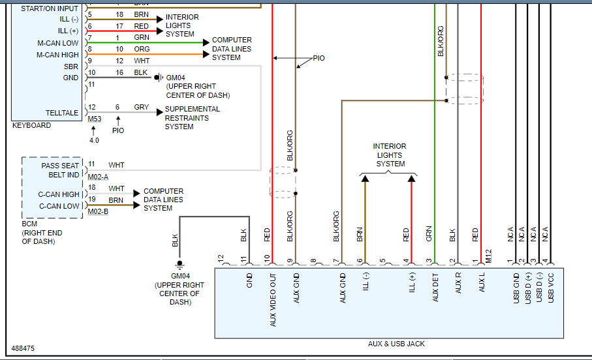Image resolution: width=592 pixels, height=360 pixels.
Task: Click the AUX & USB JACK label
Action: tap(396, 344)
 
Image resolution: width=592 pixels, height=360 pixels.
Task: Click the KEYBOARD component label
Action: tap(31, 125)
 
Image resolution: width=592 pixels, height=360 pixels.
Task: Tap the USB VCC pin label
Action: tap(551, 288)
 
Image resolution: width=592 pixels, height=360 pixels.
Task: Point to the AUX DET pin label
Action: tap(436, 288)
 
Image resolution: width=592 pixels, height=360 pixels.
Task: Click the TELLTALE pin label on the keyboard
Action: tap(62, 113)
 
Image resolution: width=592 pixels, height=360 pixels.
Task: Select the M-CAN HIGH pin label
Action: tap(57, 55)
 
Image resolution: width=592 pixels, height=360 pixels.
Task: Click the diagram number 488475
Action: tap(23, 349)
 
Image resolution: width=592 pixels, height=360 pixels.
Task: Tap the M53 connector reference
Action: tap(94, 118)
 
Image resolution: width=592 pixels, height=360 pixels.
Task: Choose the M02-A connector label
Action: tap(98, 177)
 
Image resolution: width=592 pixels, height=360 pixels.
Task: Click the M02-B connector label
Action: tap(98, 211)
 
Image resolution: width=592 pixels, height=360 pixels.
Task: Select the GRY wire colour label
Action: tap(141, 107)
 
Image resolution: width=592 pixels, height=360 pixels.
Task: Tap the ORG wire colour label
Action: tap(142, 49)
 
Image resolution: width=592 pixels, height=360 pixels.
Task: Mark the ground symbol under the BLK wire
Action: tap(179, 265)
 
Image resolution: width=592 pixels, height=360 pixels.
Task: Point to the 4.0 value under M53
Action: tap(94, 140)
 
